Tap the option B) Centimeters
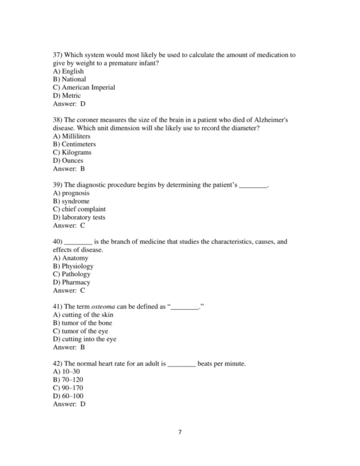pos(74,144)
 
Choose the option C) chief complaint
pos(79,210)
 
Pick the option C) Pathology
pos(71,274)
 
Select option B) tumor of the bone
pos(82,323)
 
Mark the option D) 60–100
pos(68,396)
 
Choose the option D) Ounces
pos(68,160)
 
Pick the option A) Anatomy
pos(71,258)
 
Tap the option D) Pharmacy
pos(71,282)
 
